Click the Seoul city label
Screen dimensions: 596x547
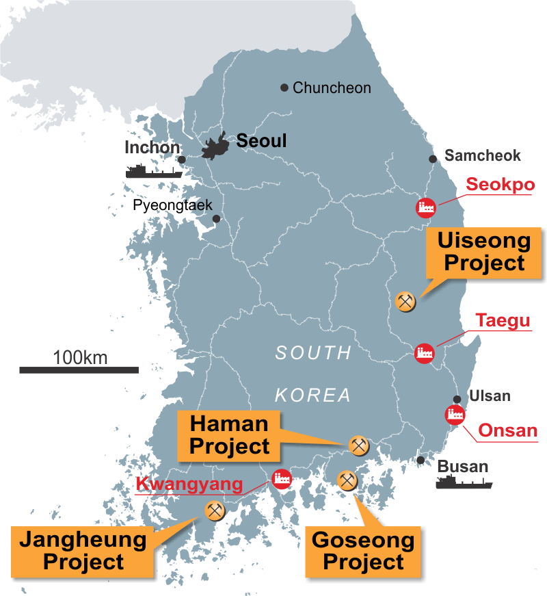tap(262, 141)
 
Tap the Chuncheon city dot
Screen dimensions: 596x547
tap(284, 88)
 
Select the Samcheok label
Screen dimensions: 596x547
tap(483, 155)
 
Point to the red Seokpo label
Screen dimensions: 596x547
tap(500, 185)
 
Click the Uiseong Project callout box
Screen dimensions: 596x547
tap(484, 252)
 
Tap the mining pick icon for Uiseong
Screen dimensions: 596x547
tap(405, 301)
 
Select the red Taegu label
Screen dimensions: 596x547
tap(504, 320)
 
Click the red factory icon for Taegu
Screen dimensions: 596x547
tap(424, 353)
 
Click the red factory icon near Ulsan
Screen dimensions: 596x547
tap(454, 414)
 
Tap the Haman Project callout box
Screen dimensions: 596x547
tap(230, 435)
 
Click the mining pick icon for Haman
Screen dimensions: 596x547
tap(358, 445)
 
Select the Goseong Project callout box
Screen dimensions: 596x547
tap(363, 552)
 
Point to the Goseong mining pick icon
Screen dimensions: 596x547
tap(347, 481)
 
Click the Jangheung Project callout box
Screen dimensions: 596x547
tap(83, 551)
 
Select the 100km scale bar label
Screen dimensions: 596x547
tap(80, 357)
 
